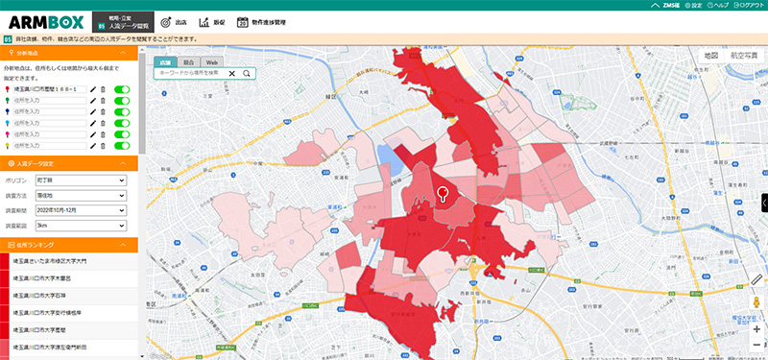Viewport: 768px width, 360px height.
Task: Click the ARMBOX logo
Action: [47, 21]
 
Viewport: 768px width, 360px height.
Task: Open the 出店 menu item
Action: [173, 21]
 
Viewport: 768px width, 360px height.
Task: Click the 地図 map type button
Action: [711, 56]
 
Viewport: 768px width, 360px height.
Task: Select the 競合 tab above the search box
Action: [188, 61]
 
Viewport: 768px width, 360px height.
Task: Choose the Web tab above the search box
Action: [211, 61]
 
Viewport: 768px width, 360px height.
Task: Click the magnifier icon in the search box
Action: [247, 73]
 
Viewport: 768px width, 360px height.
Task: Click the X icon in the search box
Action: [231, 73]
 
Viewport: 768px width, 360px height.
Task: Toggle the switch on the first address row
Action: [122, 89]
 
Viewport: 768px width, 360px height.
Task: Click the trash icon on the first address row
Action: [104, 89]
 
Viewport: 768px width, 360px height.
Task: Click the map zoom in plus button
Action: [756, 328]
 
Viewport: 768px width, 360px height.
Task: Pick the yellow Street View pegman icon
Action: [756, 303]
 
